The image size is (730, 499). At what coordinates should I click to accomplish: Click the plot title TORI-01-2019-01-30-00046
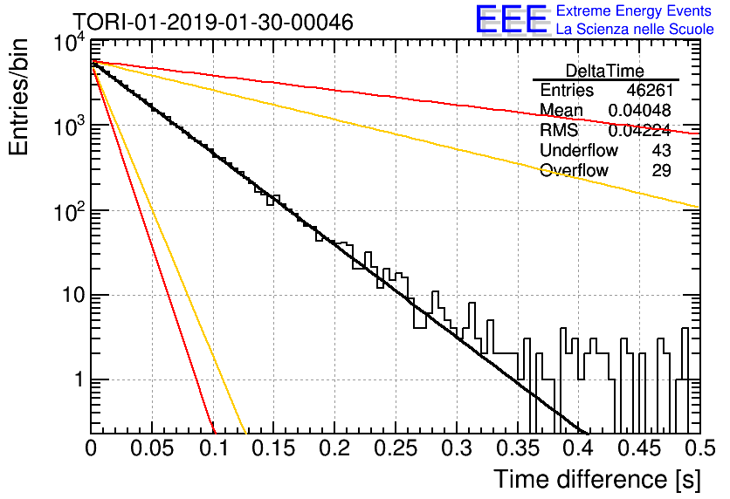point(213,22)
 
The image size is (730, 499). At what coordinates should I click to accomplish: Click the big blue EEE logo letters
point(512,19)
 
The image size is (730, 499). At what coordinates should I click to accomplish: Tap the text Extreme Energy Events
point(634,10)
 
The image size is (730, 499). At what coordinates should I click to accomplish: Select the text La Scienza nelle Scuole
point(635,29)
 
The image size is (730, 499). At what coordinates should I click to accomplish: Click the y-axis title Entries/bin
point(18,97)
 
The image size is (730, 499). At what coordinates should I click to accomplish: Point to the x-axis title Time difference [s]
point(597,479)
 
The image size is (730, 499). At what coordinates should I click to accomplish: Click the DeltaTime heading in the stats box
point(605,71)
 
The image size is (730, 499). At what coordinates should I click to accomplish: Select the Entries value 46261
point(650,90)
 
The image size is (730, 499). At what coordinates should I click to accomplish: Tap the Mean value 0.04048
point(640,110)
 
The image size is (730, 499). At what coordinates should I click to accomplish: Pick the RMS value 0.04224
point(640,130)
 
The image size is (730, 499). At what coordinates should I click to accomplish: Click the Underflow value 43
point(662,150)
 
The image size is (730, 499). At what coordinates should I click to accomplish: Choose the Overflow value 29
point(662,170)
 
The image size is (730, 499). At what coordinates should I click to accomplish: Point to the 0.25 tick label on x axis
point(396,448)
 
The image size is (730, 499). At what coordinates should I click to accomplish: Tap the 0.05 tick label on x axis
point(152,448)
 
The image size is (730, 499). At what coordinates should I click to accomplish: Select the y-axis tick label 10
point(73,295)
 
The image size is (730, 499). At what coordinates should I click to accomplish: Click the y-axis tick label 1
point(79,379)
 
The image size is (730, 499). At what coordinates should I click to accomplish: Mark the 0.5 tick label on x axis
point(699,448)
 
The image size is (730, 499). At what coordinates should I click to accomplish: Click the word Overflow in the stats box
point(574,170)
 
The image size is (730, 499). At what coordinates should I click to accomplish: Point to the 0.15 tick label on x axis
point(274,448)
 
